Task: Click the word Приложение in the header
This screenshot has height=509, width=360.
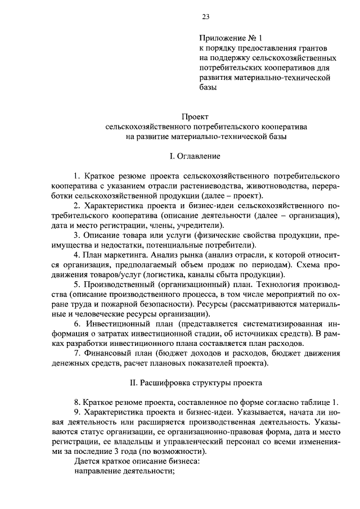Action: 220,38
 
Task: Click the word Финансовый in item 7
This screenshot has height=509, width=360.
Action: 109,353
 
